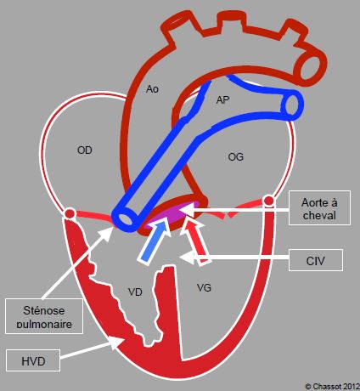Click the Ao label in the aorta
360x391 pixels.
click(152, 89)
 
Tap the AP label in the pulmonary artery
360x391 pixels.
click(222, 100)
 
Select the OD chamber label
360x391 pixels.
click(85, 150)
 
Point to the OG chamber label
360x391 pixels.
click(235, 156)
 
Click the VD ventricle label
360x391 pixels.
click(135, 292)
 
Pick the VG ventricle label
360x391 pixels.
click(204, 288)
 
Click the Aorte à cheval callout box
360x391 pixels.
click(319, 208)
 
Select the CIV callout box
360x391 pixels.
click(316, 260)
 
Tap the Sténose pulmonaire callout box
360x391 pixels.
click(44, 316)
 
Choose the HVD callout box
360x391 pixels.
click(33, 360)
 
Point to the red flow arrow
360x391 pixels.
click(196, 241)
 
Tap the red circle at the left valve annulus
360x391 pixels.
click(70, 213)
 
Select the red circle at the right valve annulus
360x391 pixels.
click(269, 201)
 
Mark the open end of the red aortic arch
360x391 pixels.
click(310, 67)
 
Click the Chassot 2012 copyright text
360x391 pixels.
click(332, 386)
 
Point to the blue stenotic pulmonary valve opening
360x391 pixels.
click(127, 218)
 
